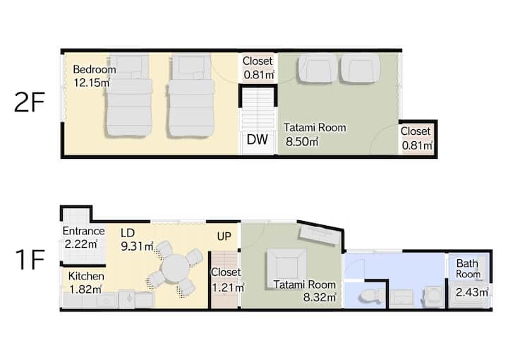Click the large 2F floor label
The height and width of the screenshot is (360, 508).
pos(30,102)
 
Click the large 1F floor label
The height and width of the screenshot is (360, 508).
pos(30,260)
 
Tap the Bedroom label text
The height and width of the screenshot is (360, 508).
pos(95,69)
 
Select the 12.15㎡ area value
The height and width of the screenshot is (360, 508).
pos(92,83)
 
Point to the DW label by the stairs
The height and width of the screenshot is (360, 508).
pos(258,140)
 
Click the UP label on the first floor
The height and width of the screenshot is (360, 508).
pos(224,236)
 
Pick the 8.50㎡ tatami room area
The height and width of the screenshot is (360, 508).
pos(302,142)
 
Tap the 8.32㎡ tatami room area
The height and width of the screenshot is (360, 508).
pos(320,296)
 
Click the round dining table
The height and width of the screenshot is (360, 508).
pos(175,268)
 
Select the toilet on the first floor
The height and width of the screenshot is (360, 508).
pos(370,296)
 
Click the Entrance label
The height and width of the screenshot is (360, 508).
pos(83,231)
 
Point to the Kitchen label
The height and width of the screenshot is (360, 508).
pos(86,276)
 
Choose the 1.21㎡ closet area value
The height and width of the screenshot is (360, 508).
pos(228,287)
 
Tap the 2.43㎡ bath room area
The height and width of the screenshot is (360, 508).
pos(472,292)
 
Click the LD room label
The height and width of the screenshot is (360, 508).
pos(128,233)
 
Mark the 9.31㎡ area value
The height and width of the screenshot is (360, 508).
pos(137,246)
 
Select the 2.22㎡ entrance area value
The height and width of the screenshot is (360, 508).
pos(81,244)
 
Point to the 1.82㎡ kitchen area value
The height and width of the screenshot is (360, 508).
pos(85,289)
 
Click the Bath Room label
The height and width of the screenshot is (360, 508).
pos(468,269)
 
